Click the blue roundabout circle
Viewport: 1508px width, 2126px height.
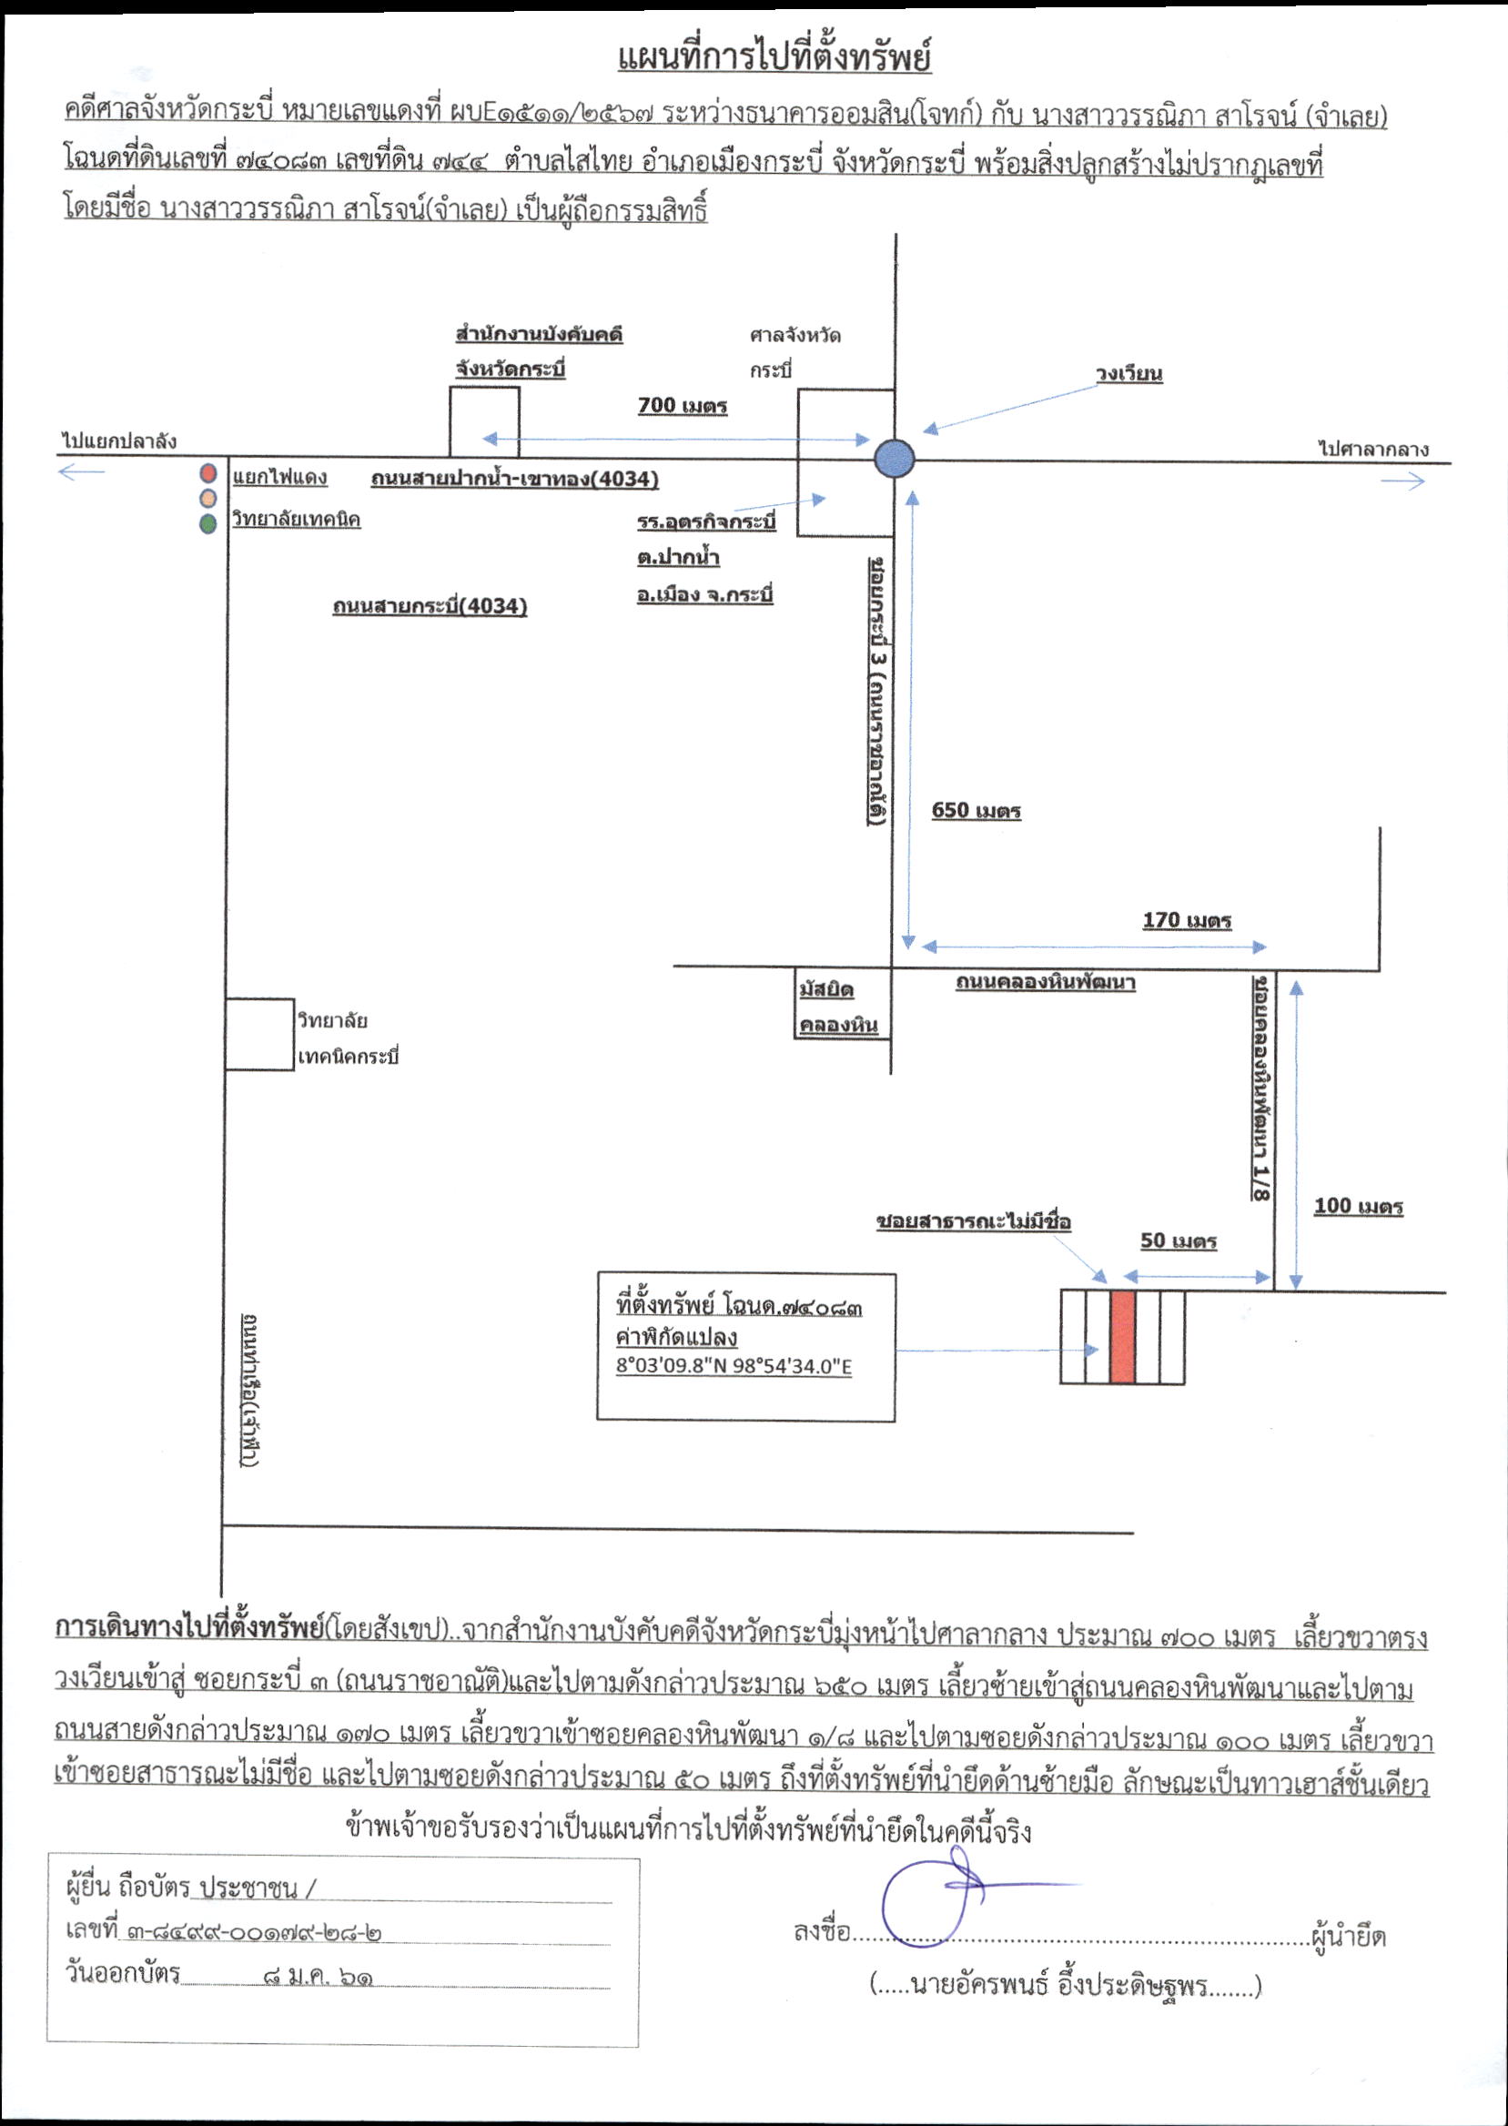895,459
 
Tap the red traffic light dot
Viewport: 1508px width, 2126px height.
209,473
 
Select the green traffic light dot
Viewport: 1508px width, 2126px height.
209,523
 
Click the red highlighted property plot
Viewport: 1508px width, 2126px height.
1123,1337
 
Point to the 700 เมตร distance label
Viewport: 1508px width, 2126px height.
683,406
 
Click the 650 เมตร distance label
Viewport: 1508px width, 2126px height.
976,811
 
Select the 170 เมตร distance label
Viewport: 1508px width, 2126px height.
1187,920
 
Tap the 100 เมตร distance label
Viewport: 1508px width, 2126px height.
1358,1206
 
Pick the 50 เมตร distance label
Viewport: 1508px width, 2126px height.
1179,1241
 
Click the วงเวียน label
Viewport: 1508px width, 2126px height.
1129,373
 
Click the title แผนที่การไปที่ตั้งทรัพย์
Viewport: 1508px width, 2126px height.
774,58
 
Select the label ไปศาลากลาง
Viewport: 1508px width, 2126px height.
1373,450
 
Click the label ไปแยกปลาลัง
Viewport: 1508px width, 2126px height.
119,441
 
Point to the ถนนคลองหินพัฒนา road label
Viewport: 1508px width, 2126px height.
1046,981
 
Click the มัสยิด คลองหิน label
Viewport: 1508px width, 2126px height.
837,1007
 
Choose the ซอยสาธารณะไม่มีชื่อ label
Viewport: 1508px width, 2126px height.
974,1221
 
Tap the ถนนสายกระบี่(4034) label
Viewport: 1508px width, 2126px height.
430,606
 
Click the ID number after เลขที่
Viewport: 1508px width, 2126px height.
250,1931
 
